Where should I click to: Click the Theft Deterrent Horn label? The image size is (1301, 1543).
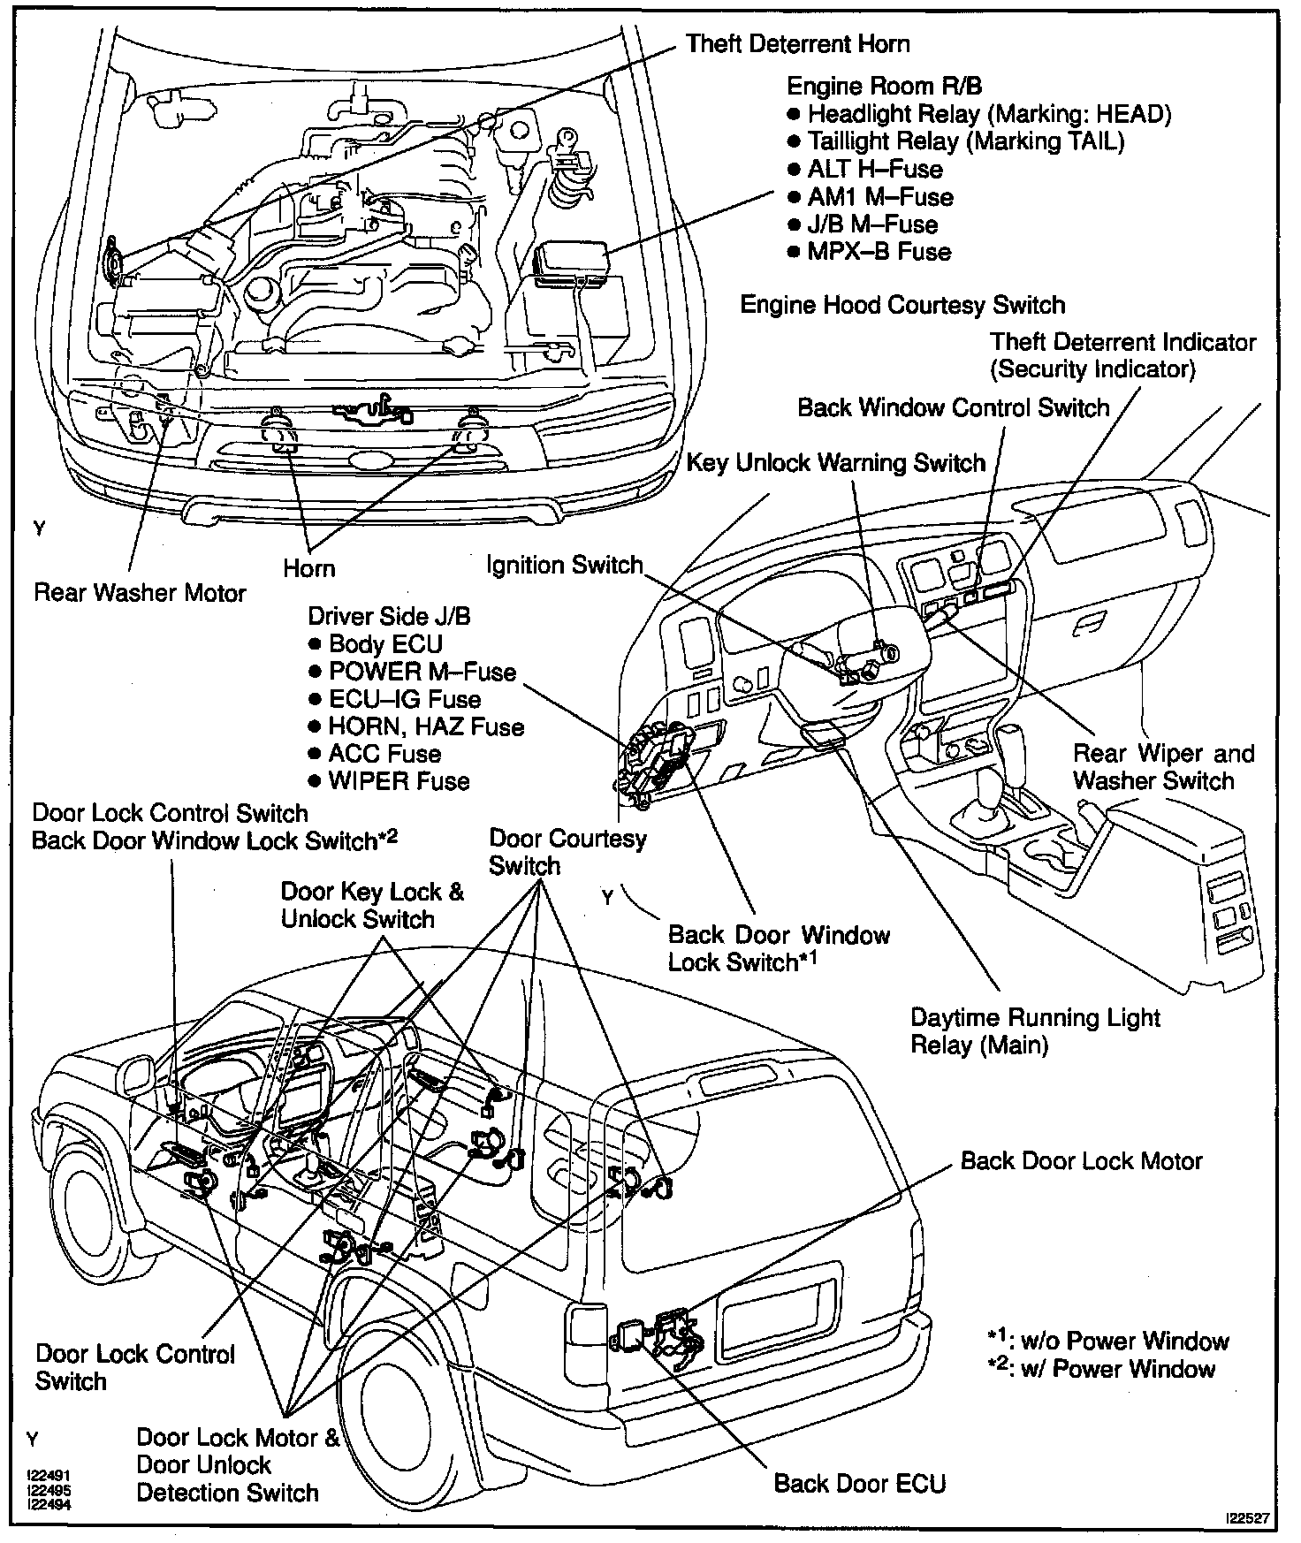[797, 44]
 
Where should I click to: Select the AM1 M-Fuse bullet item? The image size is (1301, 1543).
[879, 197]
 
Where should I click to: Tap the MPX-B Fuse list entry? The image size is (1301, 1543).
[879, 252]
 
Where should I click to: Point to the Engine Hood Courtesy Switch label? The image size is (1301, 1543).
[902, 306]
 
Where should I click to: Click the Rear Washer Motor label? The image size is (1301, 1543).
[140, 592]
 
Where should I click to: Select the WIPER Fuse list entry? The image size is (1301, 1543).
[399, 781]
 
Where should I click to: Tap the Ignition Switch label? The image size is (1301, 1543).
[565, 565]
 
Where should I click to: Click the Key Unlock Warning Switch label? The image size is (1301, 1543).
[835, 463]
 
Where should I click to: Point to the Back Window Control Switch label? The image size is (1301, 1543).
[953, 408]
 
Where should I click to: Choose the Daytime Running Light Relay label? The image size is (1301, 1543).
[1034, 1031]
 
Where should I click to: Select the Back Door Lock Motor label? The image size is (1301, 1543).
[1081, 1161]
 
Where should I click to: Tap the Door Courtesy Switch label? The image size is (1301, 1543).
[567, 852]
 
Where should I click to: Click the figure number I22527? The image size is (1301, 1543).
[1247, 1518]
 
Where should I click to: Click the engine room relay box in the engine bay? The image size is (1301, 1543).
[571, 261]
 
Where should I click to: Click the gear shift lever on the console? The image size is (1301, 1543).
[1008, 751]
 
